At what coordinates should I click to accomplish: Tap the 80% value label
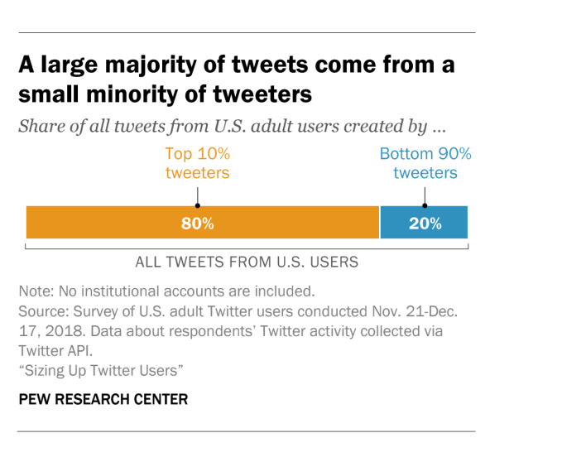coord(198,224)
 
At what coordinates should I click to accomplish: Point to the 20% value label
coord(424,224)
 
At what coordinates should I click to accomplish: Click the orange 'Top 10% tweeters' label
coord(197,163)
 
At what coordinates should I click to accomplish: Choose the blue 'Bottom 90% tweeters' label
coord(425,163)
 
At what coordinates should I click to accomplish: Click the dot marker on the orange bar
coord(197,205)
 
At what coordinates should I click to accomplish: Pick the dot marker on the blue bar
coord(425,205)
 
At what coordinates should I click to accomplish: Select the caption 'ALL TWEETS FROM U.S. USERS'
coord(247,262)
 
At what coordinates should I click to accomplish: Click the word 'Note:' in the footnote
coord(36,291)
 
